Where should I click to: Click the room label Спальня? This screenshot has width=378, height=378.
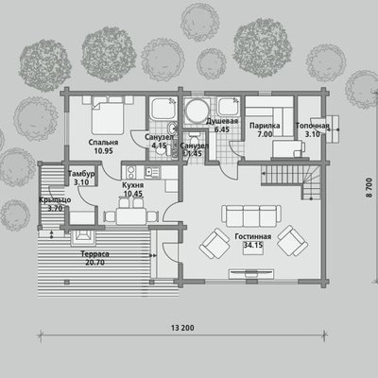pos(103,143)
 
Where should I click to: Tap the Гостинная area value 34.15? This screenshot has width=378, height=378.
pos(253,245)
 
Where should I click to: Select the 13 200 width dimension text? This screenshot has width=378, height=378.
pos(182,328)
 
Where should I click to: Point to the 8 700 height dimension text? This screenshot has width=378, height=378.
pos(369,188)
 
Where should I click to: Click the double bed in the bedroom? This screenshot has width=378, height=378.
pos(107,115)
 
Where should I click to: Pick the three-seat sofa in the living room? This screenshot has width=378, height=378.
pos(251,215)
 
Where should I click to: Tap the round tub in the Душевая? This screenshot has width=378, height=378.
pos(197,111)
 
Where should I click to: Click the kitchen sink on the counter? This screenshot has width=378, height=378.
pos(152,172)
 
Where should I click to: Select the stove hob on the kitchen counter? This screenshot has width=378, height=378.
pos(131,172)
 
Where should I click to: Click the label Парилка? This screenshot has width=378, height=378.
pos(265,126)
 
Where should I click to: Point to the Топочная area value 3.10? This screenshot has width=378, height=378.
pos(313,134)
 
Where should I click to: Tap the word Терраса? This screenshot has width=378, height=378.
pos(94,254)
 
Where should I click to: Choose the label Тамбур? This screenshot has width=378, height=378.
pos(81,174)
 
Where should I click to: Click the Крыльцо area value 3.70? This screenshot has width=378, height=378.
pos(55,208)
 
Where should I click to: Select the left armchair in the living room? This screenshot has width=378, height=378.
pos(215,243)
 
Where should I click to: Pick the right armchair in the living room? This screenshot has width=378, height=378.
pos(292,240)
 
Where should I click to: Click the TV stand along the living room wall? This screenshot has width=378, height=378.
pos(251,274)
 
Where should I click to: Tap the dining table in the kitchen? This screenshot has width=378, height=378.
pos(131,215)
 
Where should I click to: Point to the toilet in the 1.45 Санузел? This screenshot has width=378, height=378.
pos(194,138)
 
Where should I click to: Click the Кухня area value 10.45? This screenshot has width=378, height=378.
pos(133,194)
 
